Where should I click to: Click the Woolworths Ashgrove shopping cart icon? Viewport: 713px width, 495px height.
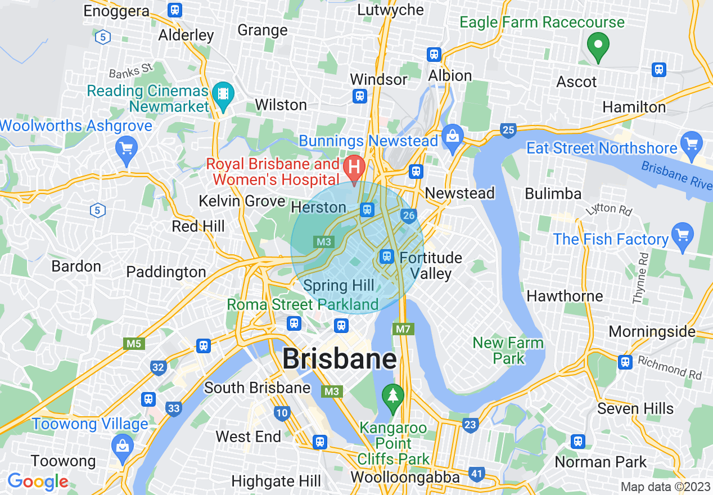coord(127,148)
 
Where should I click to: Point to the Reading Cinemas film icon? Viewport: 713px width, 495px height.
coord(224,92)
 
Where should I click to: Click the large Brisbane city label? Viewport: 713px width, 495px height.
coord(339,358)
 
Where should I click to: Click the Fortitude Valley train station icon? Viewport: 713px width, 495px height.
coord(386,256)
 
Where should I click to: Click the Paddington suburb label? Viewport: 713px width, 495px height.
coord(166,272)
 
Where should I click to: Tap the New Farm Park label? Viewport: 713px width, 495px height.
coord(508,350)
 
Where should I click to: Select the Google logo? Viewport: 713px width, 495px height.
coord(38,482)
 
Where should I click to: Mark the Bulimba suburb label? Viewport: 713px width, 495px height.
coord(553,194)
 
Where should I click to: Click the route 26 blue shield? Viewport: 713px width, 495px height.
coord(409,215)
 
